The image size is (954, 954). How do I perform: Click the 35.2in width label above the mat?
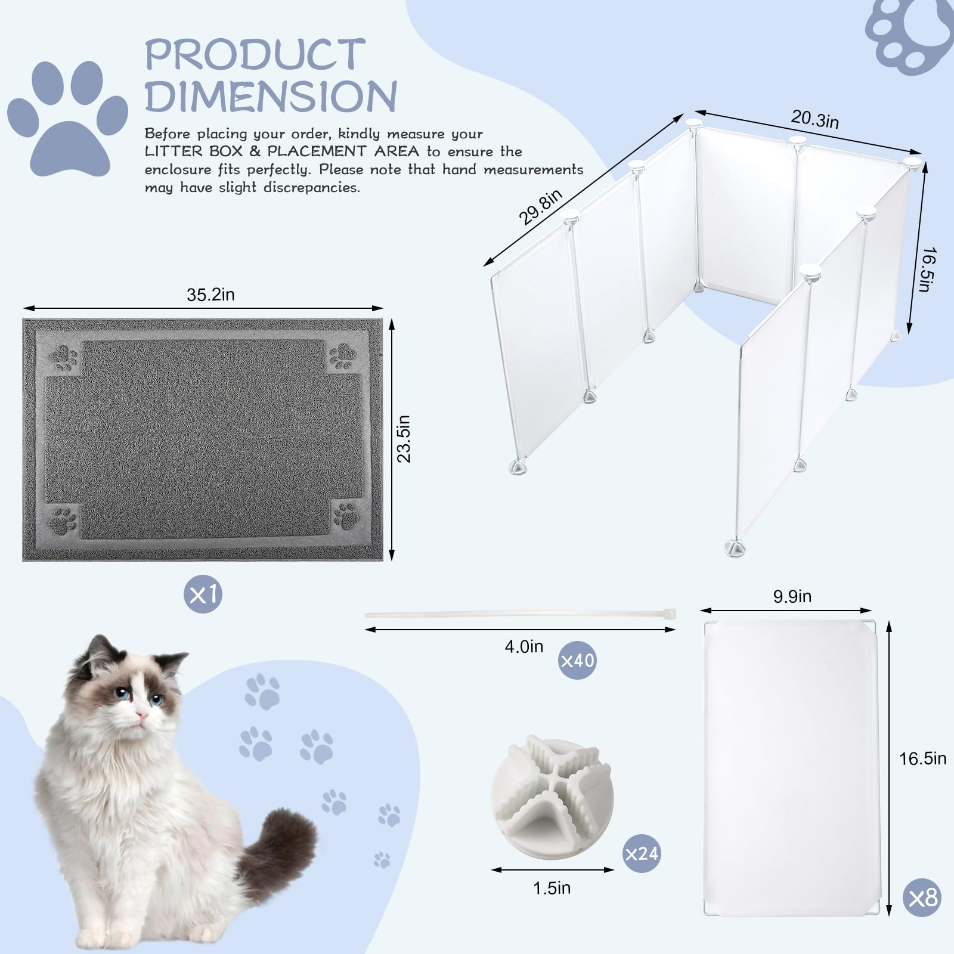click(x=210, y=295)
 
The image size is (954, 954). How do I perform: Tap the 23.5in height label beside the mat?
click(x=404, y=439)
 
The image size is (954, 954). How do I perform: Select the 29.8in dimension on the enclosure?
click(x=540, y=207)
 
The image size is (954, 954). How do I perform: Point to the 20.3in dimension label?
click(x=814, y=119)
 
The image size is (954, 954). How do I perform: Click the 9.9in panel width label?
click(x=792, y=596)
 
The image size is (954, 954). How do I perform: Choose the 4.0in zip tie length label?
click(x=524, y=646)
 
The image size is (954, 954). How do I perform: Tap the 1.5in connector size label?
click(x=552, y=888)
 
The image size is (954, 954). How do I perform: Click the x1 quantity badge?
click(x=203, y=594)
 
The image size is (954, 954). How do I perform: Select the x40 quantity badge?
click(x=577, y=660)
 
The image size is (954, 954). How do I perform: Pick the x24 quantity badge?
click(x=642, y=853)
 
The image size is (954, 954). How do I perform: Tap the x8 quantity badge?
click(x=922, y=897)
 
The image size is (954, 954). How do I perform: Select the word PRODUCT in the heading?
click(x=255, y=55)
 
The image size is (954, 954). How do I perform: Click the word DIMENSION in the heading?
click(x=271, y=96)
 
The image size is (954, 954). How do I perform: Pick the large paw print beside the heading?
click(x=67, y=117)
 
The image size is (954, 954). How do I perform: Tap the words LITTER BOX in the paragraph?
click(x=194, y=151)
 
